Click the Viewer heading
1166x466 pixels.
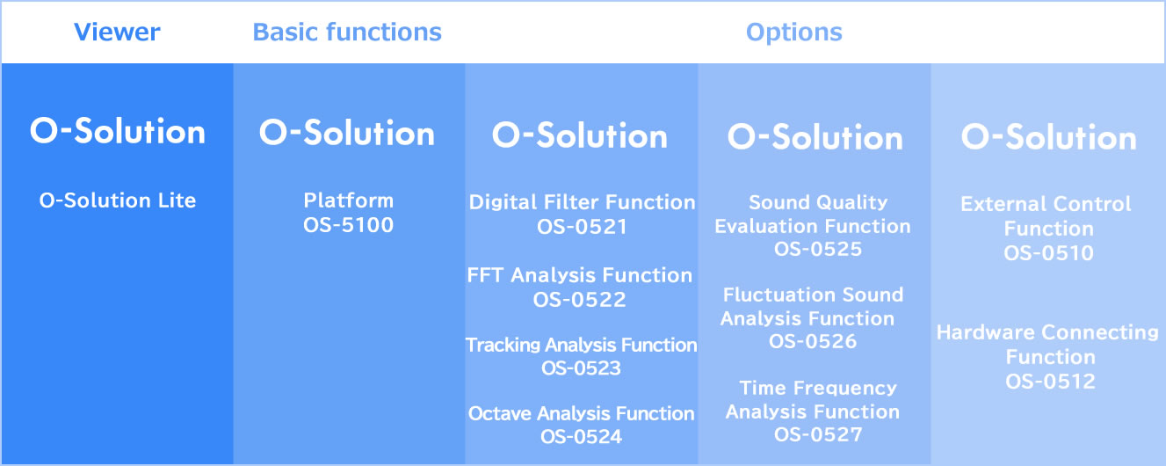click(x=117, y=32)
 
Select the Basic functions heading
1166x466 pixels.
click(x=347, y=32)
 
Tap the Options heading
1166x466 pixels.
click(x=793, y=33)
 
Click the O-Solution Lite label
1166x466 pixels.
click(x=118, y=200)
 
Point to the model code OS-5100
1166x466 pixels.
click(x=348, y=225)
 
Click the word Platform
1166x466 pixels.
click(x=348, y=200)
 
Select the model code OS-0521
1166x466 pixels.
click(x=582, y=227)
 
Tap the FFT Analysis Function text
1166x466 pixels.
click(x=580, y=275)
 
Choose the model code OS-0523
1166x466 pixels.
click(x=581, y=368)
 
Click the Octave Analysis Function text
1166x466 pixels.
click(x=581, y=413)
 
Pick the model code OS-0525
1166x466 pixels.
click(x=818, y=249)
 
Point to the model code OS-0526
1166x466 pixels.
click(x=813, y=341)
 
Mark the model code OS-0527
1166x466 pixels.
click(x=818, y=434)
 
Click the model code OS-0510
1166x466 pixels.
click(x=1048, y=253)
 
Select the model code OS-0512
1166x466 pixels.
click(x=1050, y=381)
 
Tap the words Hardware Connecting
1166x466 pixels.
click(x=1047, y=332)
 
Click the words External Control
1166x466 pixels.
click(x=1046, y=204)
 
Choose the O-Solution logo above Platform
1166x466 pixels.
click(x=347, y=133)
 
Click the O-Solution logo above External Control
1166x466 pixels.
click(x=1048, y=137)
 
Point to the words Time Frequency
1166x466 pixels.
click(x=818, y=388)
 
